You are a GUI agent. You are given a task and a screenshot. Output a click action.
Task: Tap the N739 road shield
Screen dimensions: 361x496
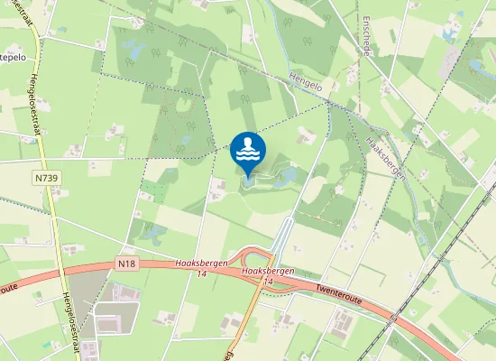tap(49, 179)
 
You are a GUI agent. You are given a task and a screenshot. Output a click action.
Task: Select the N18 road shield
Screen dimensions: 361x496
tap(126, 264)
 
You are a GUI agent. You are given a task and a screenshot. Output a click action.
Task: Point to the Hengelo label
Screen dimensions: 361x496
tap(308, 84)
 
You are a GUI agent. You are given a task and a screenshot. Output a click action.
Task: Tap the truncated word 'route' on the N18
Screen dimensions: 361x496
tap(8, 287)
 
